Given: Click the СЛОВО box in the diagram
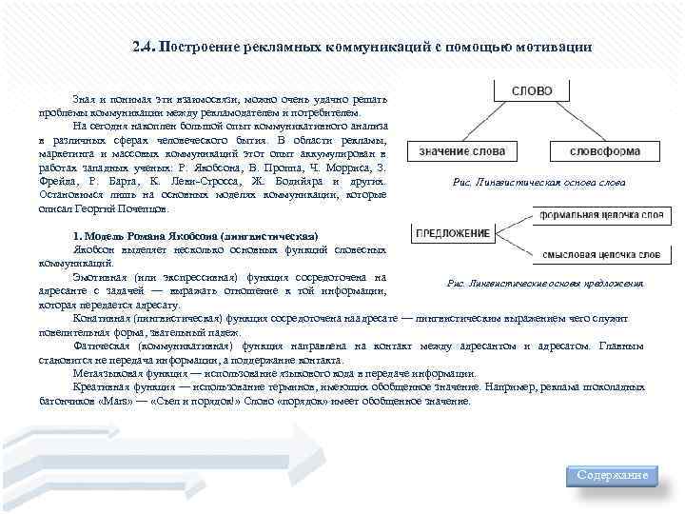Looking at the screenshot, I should pos(532,91).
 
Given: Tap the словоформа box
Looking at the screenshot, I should pos(605,151).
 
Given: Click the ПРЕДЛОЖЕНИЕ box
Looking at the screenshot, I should pos(453,233).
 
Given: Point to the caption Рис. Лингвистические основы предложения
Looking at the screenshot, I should pos(545,284).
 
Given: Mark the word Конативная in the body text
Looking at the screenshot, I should pos(100,319).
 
